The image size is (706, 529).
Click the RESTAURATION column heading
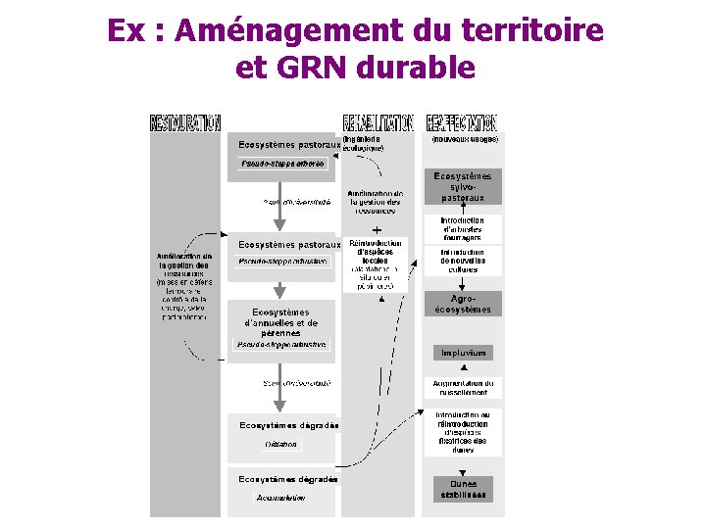(x=184, y=122)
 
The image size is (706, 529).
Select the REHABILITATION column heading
(x=378, y=122)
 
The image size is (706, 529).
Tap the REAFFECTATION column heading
(x=462, y=122)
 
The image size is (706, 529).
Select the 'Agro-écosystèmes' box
(x=463, y=304)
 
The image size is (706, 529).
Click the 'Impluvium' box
(x=463, y=353)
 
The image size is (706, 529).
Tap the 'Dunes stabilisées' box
(x=463, y=489)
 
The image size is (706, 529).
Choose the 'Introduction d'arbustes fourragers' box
(x=463, y=229)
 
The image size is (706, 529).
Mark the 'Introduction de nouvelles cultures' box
(x=463, y=261)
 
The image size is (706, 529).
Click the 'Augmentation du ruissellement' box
(x=463, y=387)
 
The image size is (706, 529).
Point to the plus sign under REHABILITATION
(x=377, y=227)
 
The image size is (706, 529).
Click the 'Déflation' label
(x=280, y=444)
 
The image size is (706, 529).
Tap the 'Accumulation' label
(x=280, y=498)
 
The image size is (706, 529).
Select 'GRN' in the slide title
(x=320, y=68)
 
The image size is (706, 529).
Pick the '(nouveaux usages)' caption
(x=466, y=139)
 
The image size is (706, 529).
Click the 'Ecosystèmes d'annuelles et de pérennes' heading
(x=281, y=322)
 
